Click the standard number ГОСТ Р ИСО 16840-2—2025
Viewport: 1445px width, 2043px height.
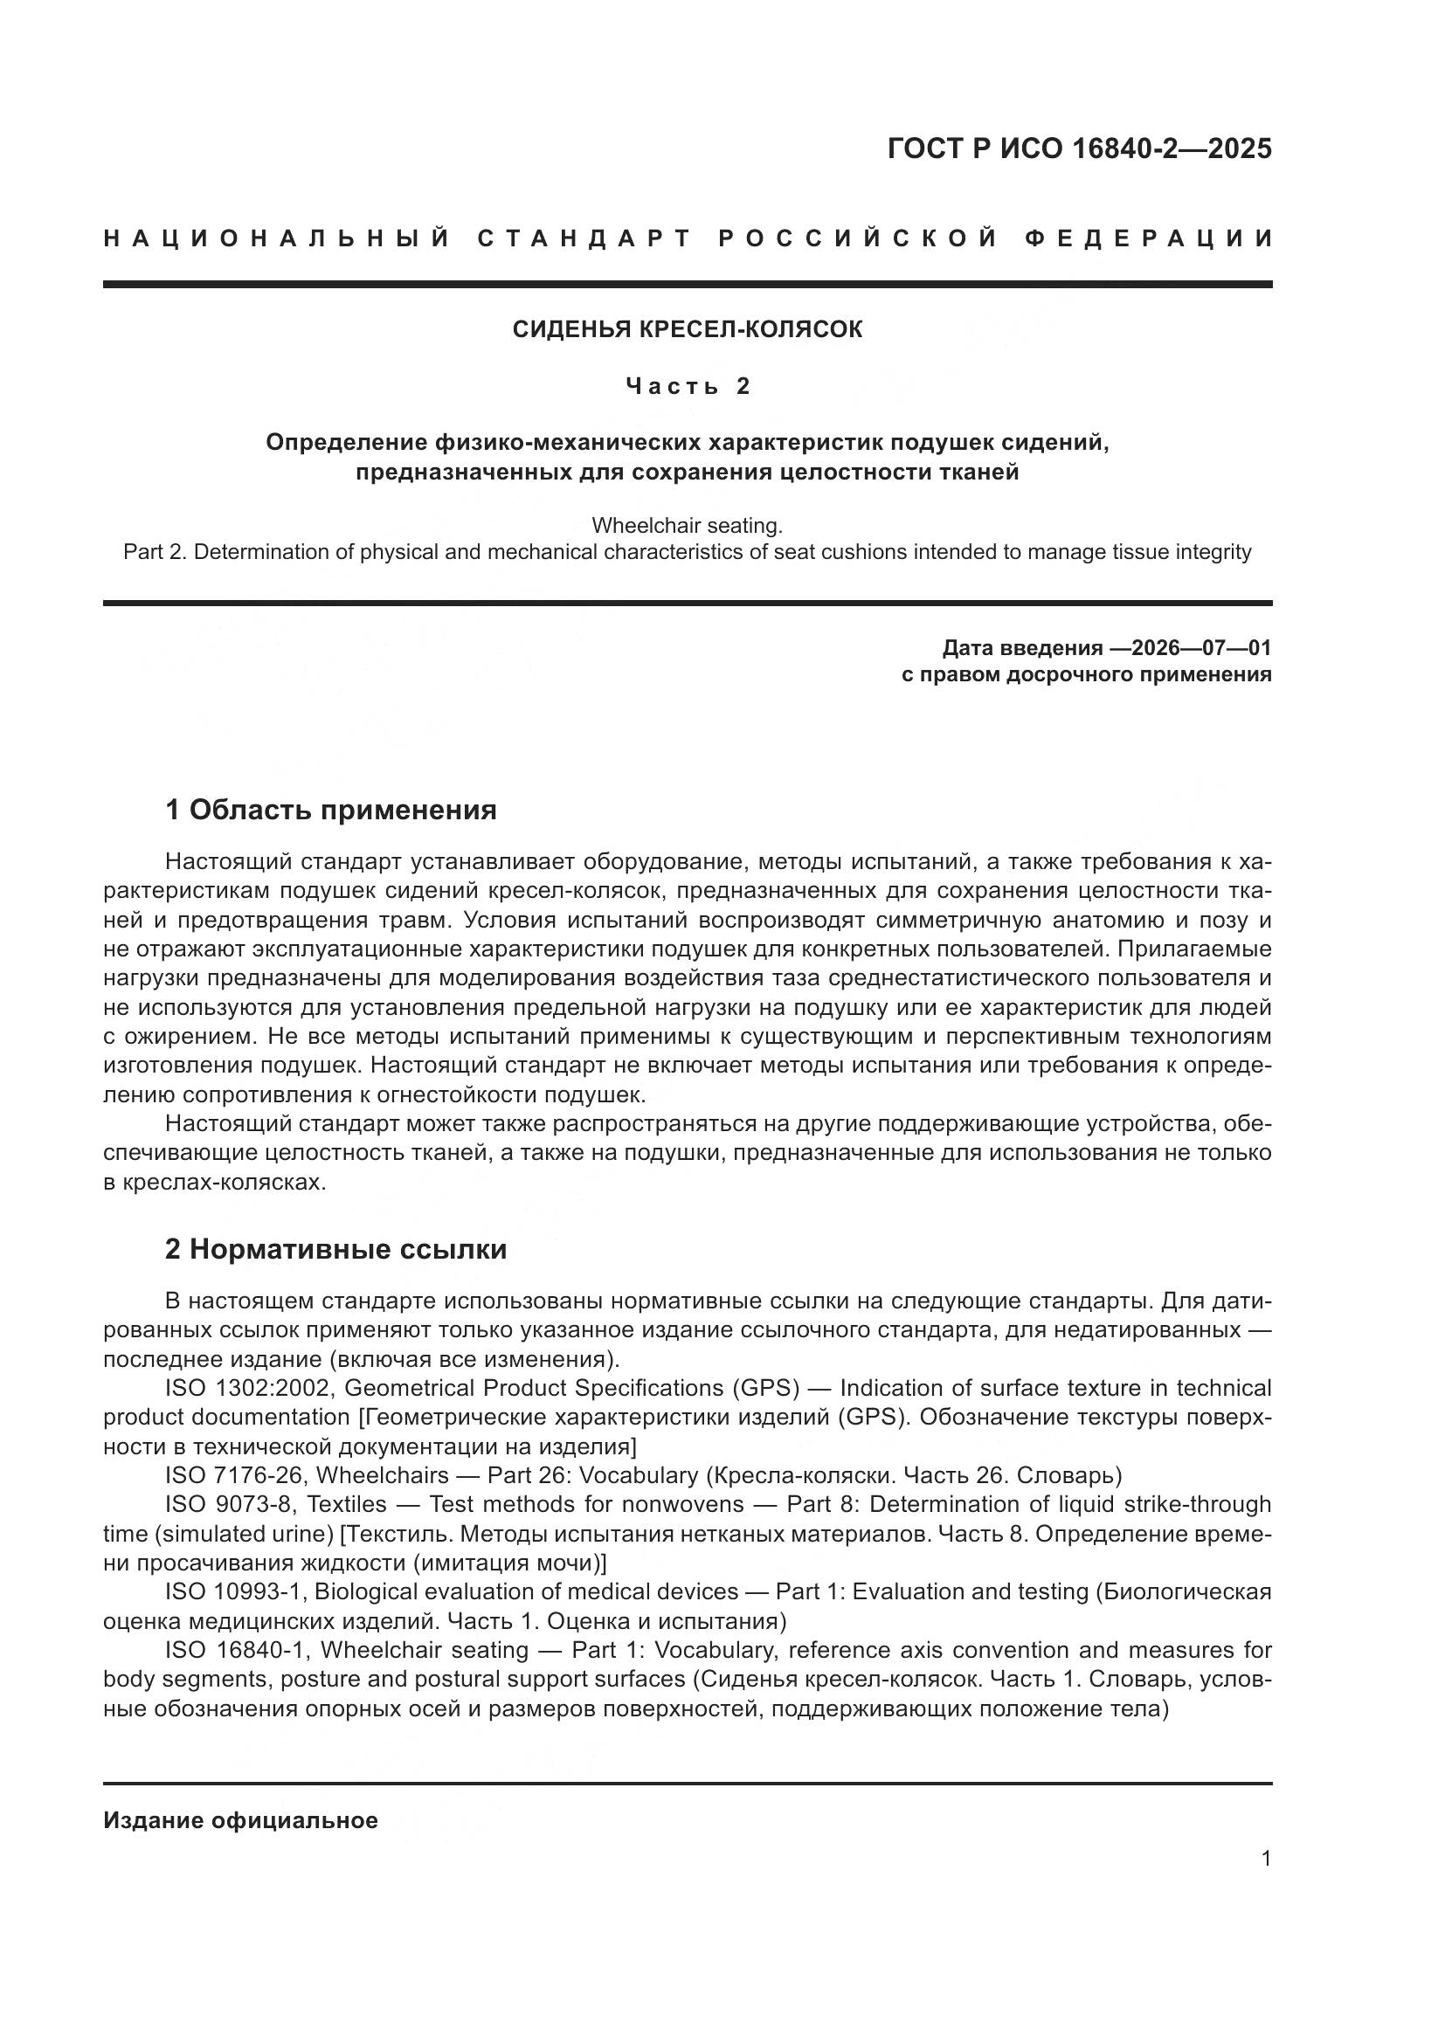coord(1079,148)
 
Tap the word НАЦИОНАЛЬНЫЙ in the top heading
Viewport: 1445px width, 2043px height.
coord(278,238)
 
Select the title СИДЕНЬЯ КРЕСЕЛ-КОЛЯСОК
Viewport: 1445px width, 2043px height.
coord(687,330)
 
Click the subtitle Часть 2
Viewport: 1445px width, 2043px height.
coord(687,386)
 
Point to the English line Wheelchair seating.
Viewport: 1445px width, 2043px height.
coord(687,526)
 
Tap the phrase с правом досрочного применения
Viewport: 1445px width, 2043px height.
coord(1086,674)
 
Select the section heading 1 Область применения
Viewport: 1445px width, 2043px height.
coord(330,811)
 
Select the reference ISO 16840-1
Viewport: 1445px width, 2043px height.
coord(236,1651)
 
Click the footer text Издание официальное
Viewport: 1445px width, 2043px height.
coord(240,1820)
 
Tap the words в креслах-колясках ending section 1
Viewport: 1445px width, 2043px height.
coord(213,1184)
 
